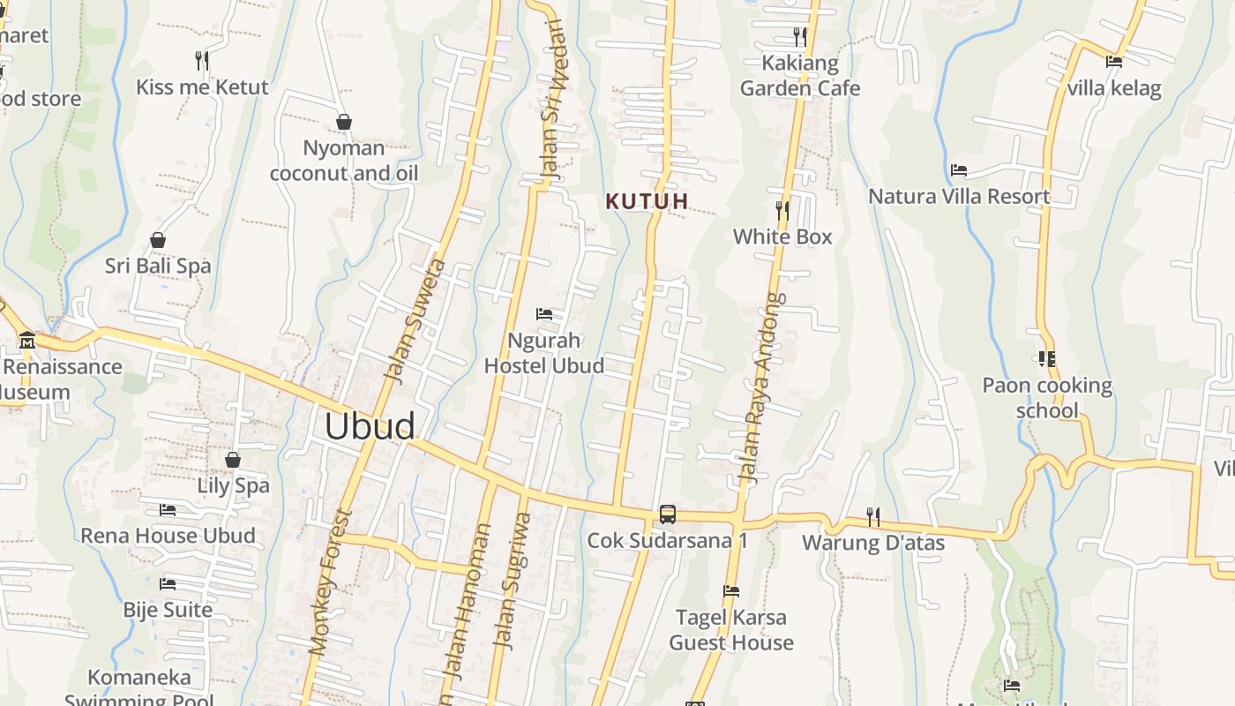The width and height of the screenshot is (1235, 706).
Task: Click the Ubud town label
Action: (370, 426)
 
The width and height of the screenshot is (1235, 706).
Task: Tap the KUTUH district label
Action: (647, 201)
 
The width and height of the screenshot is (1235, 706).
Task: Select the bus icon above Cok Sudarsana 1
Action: (668, 514)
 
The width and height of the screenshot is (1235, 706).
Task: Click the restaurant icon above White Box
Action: (782, 210)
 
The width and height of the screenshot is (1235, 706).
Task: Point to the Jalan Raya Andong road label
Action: (761, 388)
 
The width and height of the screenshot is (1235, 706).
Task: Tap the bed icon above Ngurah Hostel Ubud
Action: (544, 314)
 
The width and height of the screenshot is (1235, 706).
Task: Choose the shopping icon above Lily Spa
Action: (233, 460)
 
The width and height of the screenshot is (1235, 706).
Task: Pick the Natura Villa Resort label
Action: (959, 196)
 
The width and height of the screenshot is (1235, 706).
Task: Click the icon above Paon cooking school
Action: (1047, 359)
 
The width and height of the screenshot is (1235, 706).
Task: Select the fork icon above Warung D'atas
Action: (872, 516)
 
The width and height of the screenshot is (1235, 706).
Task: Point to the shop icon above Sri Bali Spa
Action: (158, 240)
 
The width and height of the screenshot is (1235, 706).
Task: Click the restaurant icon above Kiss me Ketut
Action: (202, 61)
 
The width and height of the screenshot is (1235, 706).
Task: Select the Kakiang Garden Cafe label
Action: (799, 76)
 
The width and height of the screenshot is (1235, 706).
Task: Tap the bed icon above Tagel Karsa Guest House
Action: (730, 591)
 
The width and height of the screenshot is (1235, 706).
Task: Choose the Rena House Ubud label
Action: (168, 536)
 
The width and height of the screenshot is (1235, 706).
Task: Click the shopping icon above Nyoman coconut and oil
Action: (344, 122)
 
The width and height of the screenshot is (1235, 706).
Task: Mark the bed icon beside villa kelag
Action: (1114, 62)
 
